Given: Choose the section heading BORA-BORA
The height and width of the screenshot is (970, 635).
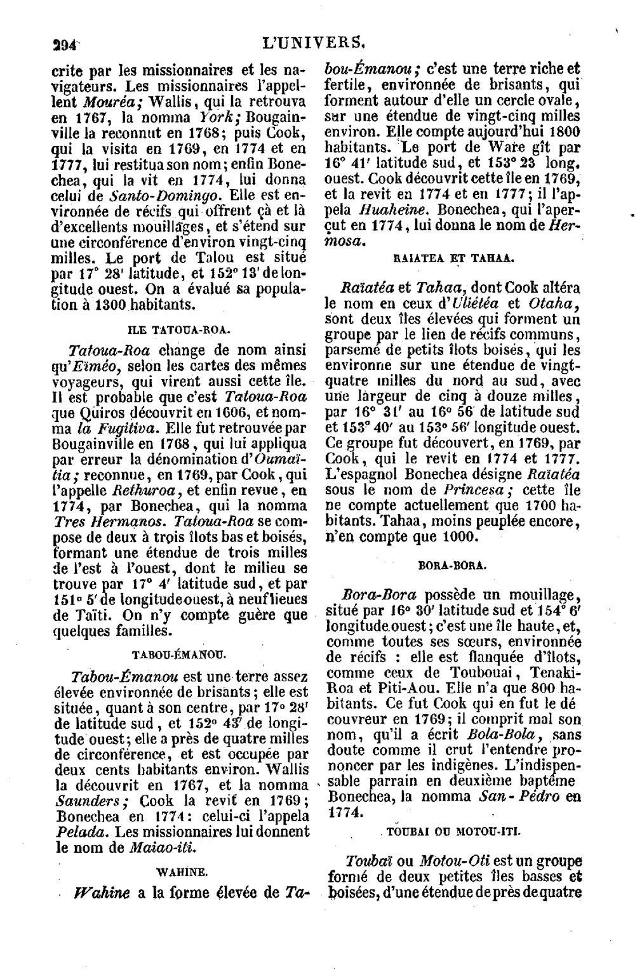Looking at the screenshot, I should click(453, 565).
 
